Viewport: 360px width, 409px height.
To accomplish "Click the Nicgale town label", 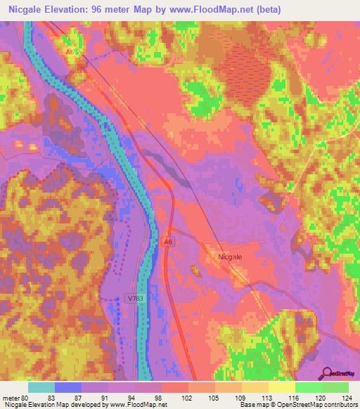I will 230,257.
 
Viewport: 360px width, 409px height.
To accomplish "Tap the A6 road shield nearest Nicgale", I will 168,242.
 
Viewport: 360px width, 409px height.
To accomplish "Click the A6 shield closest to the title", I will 70,51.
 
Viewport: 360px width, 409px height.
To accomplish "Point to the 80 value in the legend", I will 24,398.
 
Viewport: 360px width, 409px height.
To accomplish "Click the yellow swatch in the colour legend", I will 281,387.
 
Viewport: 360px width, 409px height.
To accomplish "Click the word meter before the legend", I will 10,398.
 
